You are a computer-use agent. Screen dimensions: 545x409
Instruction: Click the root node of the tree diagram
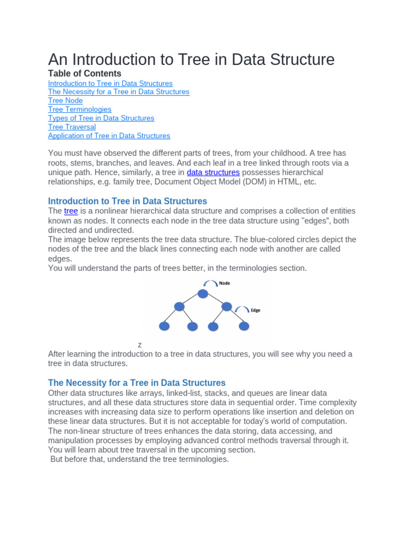202,293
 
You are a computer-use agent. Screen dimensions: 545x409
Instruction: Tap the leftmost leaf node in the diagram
165,326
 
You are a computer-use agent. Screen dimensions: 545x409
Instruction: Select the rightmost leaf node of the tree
244,326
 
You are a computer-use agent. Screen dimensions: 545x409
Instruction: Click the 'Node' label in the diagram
225,283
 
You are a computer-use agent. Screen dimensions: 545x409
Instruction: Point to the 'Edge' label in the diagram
256,310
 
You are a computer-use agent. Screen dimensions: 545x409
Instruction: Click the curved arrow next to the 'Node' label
209,284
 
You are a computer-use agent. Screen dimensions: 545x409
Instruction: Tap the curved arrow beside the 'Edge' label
242,309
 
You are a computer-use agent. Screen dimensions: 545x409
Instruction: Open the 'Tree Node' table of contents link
65,101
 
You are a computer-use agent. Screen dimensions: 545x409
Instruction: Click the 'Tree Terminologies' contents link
79,109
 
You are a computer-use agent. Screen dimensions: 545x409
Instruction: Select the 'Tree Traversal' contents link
72,127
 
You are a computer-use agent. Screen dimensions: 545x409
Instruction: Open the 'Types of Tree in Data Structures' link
101,118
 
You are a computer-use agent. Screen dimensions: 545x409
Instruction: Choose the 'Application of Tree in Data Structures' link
109,136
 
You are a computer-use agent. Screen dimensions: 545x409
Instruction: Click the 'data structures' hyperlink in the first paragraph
213,172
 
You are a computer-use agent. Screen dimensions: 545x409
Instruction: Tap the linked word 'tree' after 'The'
71,211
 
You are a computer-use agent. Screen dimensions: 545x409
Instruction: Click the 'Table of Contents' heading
85,73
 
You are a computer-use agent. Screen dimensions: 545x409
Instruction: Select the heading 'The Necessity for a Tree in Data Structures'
137,383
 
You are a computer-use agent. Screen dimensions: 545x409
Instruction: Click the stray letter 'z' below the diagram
140,345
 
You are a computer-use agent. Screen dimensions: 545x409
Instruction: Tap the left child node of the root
179,307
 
